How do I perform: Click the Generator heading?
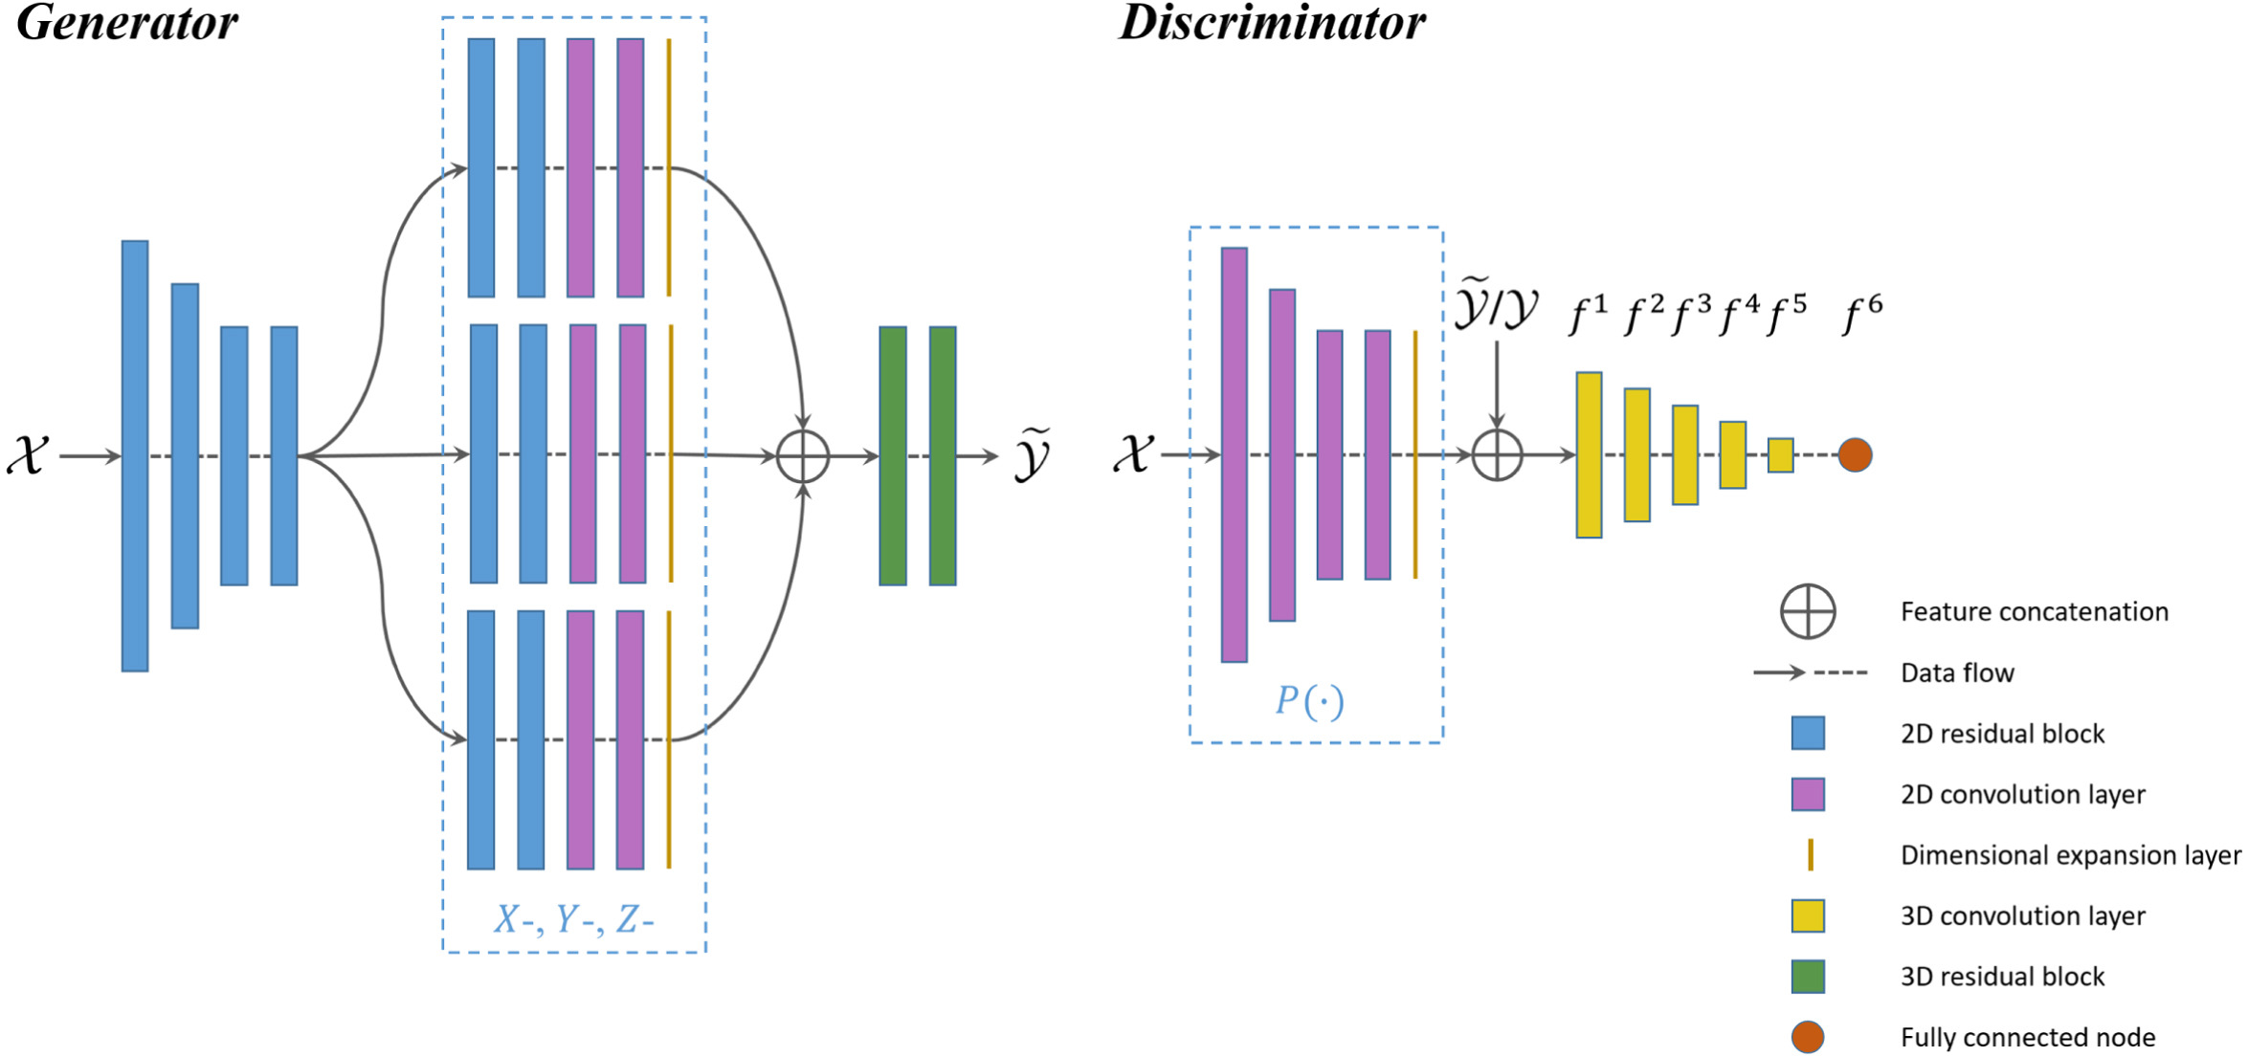(x=127, y=24)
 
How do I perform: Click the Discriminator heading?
(x=1272, y=23)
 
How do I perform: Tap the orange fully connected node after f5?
(x=1855, y=455)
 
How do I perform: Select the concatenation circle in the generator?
(x=803, y=456)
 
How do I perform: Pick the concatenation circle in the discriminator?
(x=1497, y=455)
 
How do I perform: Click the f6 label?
(x=1862, y=315)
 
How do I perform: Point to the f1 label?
(x=1588, y=315)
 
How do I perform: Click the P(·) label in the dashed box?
(x=1309, y=701)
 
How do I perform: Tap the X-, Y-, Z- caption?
(x=574, y=919)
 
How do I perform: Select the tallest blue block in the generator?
(x=135, y=456)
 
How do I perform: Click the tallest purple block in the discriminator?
(x=1235, y=455)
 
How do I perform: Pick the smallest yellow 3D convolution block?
(x=1780, y=455)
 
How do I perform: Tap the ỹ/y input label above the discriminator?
(x=1496, y=305)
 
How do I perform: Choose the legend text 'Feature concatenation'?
(x=2035, y=612)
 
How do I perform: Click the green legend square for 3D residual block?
(x=1808, y=977)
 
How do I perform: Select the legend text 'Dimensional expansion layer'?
(x=2071, y=855)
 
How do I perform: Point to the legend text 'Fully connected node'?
(x=2028, y=1037)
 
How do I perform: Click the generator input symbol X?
(x=28, y=454)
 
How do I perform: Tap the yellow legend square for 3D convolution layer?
(x=1808, y=916)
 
